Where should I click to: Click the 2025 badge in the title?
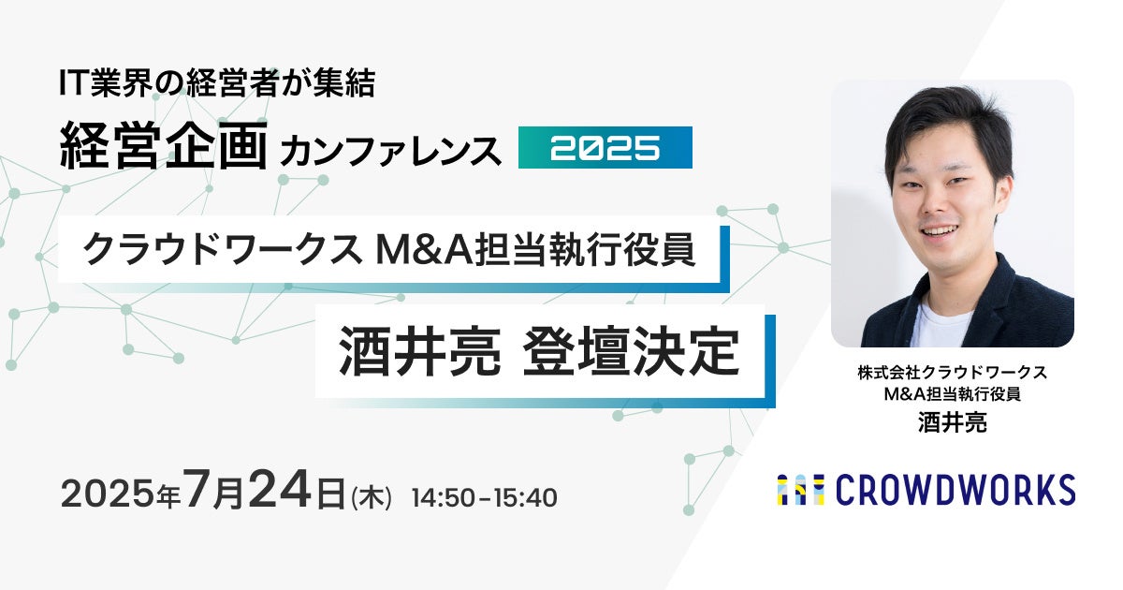coord(605,148)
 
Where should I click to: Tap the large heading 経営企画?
coord(163,146)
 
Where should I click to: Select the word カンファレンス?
coord(391,151)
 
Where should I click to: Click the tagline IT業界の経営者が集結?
coord(217,83)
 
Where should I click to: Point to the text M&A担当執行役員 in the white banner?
coord(535,250)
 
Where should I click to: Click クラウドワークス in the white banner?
coord(222,250)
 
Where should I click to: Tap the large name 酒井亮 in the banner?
coord(420,351)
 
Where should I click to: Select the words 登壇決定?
coord(631,351)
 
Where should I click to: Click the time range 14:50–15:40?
coord(485,497)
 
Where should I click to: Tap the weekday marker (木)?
coord(372,498)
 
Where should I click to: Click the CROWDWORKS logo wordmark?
coord(955,490)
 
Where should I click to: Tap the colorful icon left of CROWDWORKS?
coord(801,490)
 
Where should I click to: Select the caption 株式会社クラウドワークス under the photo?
coord(952,373)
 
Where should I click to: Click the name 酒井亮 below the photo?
coord(952,422)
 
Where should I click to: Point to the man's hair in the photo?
coord(942,118)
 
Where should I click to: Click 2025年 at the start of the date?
coord(121,494)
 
